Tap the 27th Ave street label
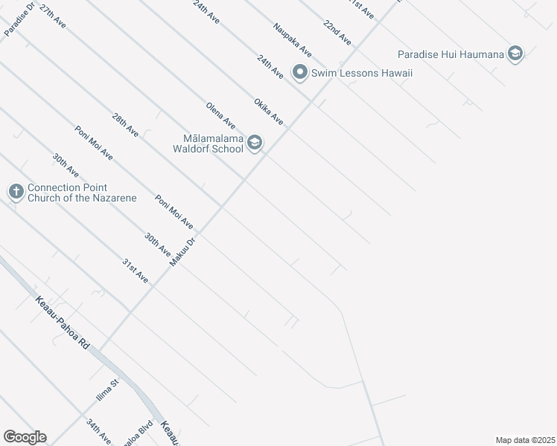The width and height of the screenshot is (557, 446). click(53, 16)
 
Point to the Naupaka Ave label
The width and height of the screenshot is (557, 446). click(292, 40)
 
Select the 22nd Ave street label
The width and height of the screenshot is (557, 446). click(337, 34)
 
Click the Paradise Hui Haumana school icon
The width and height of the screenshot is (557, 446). click(515, 54)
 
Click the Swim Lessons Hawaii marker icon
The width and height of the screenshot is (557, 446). click(300, 73)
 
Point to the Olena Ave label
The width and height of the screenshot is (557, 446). click(220, 116)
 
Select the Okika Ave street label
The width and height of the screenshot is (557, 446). click(268, 111)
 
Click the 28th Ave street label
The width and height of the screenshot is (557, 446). click(125, 124)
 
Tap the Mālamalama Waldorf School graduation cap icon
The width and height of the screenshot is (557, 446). click(255, 143)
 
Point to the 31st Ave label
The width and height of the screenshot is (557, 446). click(135, 271)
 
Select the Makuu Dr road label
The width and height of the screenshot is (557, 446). click(182, 251)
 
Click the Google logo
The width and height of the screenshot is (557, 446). click(25, 437)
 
